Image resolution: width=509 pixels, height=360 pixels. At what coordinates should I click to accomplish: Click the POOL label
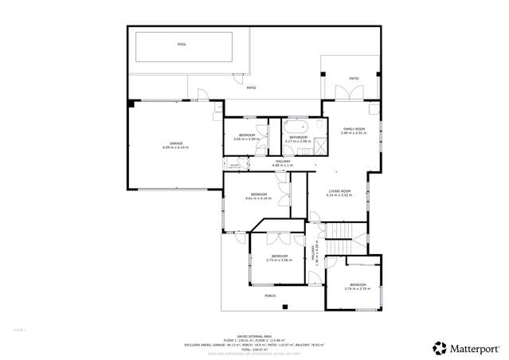[x=182, y=45]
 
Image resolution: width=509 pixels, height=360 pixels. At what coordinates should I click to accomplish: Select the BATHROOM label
[x=299, y=138]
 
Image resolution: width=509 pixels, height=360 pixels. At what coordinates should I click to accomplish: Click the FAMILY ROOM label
[x=353, y=128]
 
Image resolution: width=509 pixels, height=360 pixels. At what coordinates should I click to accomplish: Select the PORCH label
[x=269, y=295]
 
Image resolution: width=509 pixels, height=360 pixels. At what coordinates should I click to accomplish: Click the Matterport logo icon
[x=439, y=347]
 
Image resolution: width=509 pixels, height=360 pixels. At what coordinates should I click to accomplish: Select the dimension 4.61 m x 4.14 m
[x=260, y=198]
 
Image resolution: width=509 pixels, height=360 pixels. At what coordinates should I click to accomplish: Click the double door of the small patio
[x=346, y=92]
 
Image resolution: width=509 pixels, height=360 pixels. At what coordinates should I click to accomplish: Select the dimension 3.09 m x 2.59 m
[x=248, y=139]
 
